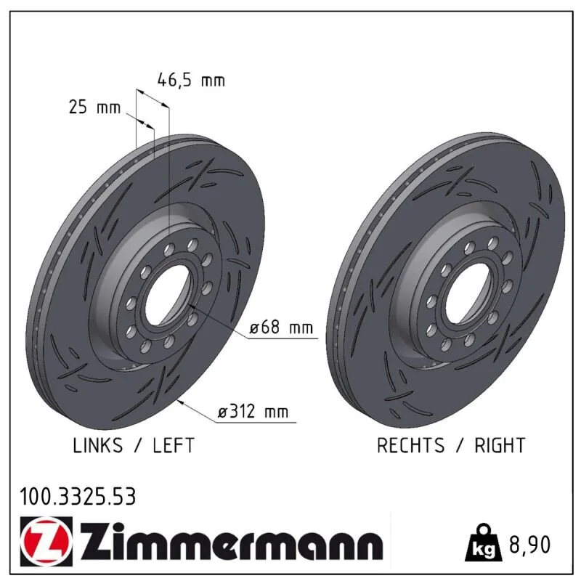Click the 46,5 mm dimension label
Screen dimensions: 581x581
[x=191, y=81]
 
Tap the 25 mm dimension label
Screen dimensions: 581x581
[x=95, y=107]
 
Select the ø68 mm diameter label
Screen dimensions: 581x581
[x=281, y=328]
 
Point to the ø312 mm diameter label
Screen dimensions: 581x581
[x=253, y=411]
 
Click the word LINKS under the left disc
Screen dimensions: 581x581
[x=97, y=445]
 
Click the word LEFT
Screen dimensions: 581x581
[x=174, y=445]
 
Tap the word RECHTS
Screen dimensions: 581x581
[x=410, y=445]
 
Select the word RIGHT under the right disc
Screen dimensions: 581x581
[x=500, y=445]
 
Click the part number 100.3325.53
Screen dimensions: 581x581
[x=78, y=497]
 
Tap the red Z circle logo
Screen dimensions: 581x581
[x=46, y=541]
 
